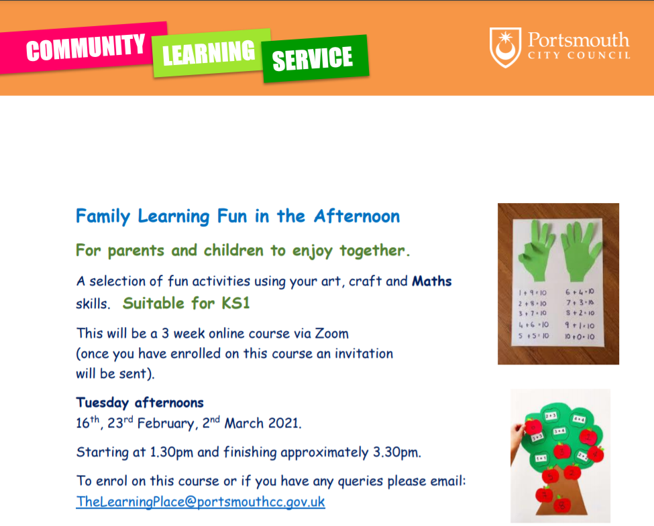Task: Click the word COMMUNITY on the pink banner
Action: point(85,47)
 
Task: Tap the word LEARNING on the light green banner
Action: point(209,53)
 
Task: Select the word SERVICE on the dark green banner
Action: point(313,58)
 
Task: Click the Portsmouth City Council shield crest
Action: point(505,47)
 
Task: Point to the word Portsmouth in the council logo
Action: point(578,40)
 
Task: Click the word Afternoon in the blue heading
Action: point(357,216)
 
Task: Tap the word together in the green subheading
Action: point(372,251)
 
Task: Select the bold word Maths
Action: point(432,281)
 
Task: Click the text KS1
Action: point(235,303)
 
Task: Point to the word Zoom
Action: point(331,334)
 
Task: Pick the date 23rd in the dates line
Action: point(120,423)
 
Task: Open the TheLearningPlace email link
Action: point(200,501)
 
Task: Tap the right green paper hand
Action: point(581,251)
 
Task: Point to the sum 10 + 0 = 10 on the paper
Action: point(580,336)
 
